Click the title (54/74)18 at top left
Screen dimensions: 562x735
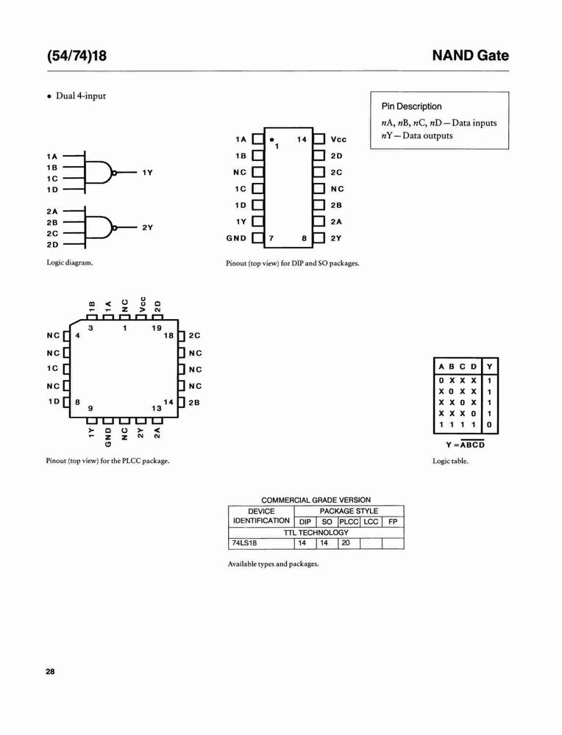(77, 55)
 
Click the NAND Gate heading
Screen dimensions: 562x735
(470, 55)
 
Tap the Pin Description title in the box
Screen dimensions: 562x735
(411, 107)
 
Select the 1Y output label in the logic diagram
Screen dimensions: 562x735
(148, 173)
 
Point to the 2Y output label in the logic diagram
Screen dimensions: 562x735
(148, 227)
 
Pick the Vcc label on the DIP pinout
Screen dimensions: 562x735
(338, 139)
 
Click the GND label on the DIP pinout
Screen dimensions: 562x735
(236, 238)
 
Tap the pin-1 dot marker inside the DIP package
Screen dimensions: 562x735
(271, 140)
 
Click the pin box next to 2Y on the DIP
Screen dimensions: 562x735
(319, 237)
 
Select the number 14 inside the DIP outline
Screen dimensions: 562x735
(302, 139)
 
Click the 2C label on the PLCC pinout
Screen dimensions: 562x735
(194, 336)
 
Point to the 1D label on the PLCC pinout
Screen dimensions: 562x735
(54, 402)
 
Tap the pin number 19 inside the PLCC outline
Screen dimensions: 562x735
(157, 328)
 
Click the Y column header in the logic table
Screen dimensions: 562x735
(489, 367)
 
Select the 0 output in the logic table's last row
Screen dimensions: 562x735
(489, 425)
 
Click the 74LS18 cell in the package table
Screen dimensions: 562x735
(244, 543)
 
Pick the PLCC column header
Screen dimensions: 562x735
(349, 522)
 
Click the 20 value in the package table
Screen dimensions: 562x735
(346, 543)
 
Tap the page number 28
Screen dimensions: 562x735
(50, 672)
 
